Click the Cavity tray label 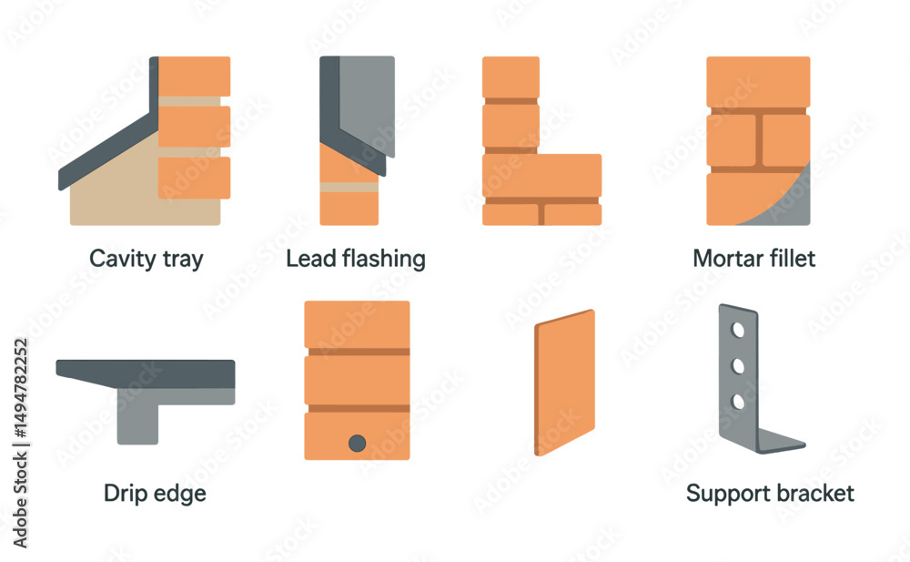[x=147, y=260]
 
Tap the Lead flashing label [x=356, y=259]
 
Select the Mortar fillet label [x=753, y=258]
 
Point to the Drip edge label [x=155, y=494]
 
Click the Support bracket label [x=770, y=494]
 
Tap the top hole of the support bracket [x=738, y=330]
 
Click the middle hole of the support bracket [x=738, y=365]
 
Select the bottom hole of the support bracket [x=738, y=402]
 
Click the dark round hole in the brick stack [x=357, y=444]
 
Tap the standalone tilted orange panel [x=565, y=383]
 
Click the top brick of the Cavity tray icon [x=195, y=77]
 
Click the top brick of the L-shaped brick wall [x=511, y=77]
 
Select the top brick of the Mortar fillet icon [x=758, y=81]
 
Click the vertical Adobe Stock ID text [x=20, y=444]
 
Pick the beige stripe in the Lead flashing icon [x=349, y=187]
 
